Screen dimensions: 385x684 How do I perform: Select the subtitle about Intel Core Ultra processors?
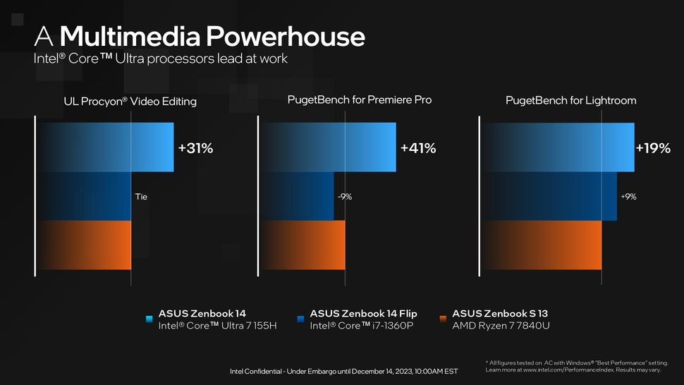point(160,59)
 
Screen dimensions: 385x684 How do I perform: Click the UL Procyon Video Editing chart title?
point(130,102)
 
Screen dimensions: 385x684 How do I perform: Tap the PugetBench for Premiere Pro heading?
point(359,100)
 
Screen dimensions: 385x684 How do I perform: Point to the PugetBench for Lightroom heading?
point(570,100)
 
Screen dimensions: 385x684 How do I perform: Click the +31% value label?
point(195,148)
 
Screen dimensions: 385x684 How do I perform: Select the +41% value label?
point(418,148)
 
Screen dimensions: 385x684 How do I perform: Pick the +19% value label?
point(652,148)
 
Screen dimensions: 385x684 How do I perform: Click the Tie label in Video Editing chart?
point(141,197)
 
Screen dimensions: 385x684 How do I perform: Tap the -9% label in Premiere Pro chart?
point(343,197)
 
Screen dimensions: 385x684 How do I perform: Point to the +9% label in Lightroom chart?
point(628,197)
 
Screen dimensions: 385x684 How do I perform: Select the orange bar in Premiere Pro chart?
point(303,245)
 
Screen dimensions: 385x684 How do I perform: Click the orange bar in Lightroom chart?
point(541,245)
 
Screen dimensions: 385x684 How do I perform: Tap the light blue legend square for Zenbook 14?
point(148,319)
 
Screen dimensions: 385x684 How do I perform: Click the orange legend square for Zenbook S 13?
point(443,319)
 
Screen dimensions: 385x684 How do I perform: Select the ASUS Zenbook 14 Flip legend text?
point(364,313)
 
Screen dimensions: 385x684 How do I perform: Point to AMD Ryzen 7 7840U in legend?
point(501,326)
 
